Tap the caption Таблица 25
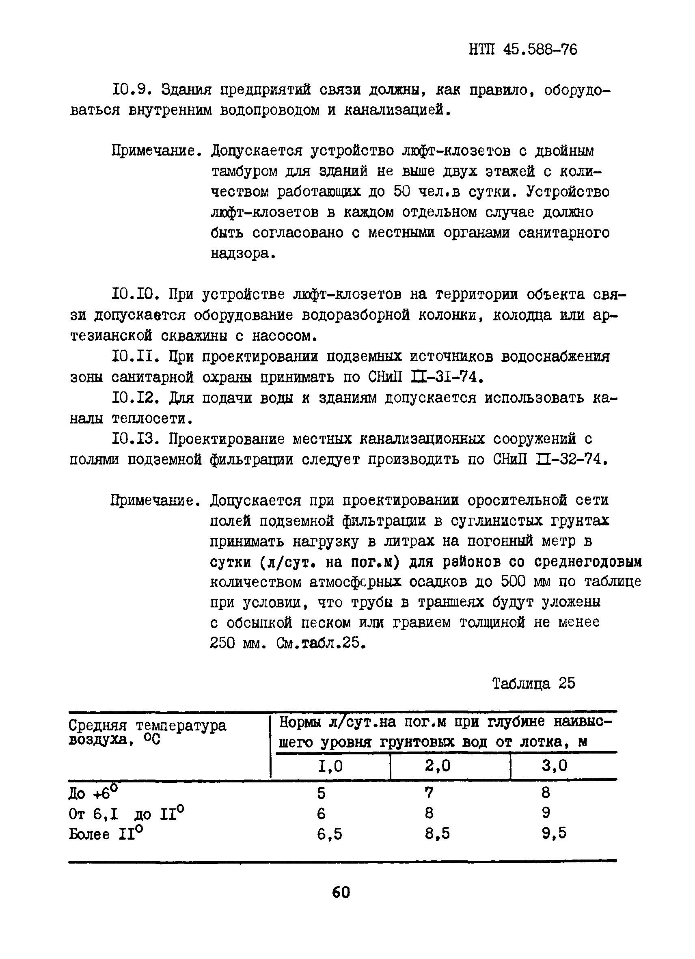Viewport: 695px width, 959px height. click(x=533, y=683)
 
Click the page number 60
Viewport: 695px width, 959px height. click(x=341, y=892)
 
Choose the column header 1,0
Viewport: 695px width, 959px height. click(x=330, y=766)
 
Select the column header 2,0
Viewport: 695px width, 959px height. click(x=438, y=765)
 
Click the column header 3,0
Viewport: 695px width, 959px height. click(x=554, y=765)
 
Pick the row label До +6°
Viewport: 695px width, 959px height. click(x=93, y=793)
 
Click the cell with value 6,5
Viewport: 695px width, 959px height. click(x=329, y=834)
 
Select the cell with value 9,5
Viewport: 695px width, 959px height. click(x=554, y=834)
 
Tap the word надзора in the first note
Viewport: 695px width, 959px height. click(x=240, y=254)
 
